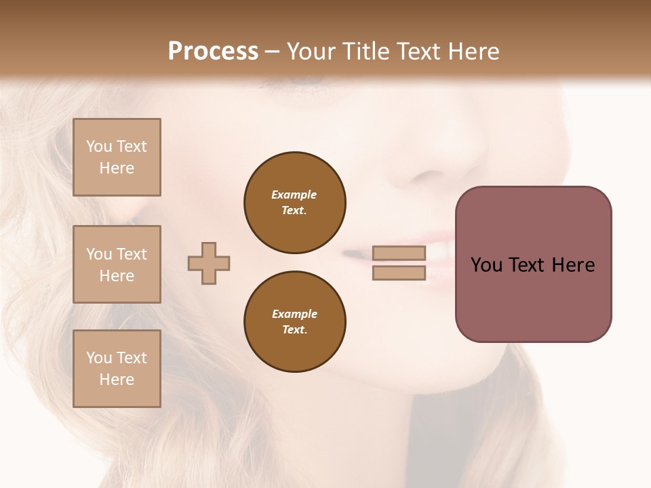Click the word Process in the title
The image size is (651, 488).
coord(213,52)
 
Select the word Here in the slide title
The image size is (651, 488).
coord(473,52)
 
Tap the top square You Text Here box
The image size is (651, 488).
coord(117,157)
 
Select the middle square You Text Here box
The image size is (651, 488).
coord(117,264)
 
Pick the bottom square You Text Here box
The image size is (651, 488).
coord(117,369)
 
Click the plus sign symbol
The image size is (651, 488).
coord(209,263)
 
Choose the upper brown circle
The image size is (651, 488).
coord(295,202)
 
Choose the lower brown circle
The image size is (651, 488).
coord(295,321)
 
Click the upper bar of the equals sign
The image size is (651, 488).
coord(399,253)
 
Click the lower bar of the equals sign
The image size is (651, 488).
coord(399,273)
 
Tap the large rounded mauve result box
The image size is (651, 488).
coord(533,264)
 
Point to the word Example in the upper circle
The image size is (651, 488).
coord(294,195)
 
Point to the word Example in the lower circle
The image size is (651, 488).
coord(294,314)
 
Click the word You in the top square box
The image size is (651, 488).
coord(99,146)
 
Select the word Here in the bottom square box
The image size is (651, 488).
coord(117,380)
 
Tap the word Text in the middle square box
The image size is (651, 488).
coord(132,254)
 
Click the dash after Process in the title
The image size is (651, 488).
coord(273,52)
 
